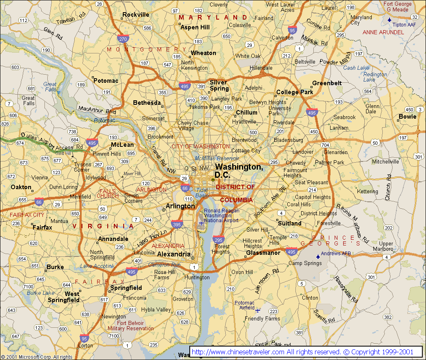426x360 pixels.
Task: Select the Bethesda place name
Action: click(x=147, y=103)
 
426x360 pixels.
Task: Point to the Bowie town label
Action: click(x=407, y=117)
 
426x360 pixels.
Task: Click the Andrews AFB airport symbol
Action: click(x=318, y=257)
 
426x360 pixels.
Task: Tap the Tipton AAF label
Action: click(x=405, y=24)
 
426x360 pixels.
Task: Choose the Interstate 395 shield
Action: click(x=177, y=224)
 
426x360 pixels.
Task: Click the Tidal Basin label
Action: click(x=202, y=193)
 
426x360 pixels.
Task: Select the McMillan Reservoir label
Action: click(x=217, y=158)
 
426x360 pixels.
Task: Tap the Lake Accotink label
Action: click(x=97, y=266)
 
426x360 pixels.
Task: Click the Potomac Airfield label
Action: click(x=244, y=305)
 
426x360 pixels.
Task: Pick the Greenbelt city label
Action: click(x=327, y=83)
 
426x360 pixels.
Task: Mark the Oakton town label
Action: click(x=21, y=187)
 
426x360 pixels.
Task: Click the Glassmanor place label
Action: click(x=263, y=253)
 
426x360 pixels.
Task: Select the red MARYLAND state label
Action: click(x=213, y=18)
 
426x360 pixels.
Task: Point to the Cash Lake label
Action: click(x=356, y=68)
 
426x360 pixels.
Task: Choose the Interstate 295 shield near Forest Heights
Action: click(x=218, y=240)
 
